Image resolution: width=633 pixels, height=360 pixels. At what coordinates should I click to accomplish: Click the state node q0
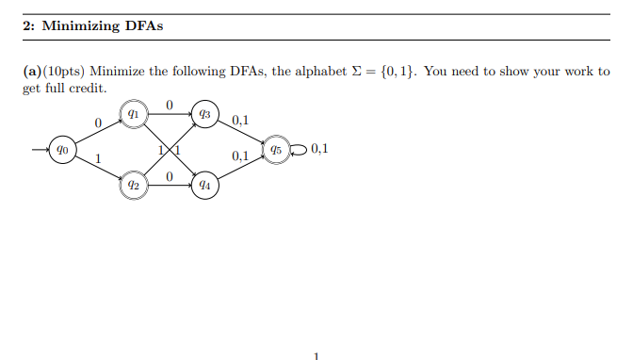point(60,149)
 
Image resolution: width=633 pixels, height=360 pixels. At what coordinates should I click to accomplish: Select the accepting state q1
point(134,113)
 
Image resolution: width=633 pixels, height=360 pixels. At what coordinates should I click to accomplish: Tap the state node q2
point(134,186)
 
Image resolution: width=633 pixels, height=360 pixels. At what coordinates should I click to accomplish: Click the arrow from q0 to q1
point(97,131)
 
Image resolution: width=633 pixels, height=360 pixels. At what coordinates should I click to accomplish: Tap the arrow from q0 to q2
point(97,168)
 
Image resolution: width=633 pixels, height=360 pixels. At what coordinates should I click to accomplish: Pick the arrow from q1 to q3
point(170,113)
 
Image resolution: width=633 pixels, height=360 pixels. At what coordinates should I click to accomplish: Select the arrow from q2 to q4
point(170,186)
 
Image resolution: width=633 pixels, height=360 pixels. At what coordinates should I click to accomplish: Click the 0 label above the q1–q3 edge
point(170,104)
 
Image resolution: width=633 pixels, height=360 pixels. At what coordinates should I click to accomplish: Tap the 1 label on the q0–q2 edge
point(96,158)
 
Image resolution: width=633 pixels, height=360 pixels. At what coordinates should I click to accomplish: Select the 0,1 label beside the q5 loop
point(318,148)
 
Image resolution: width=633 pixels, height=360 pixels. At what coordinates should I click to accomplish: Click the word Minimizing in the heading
point(80,25)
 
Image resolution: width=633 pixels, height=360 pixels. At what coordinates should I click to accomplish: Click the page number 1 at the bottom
point(316,355)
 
